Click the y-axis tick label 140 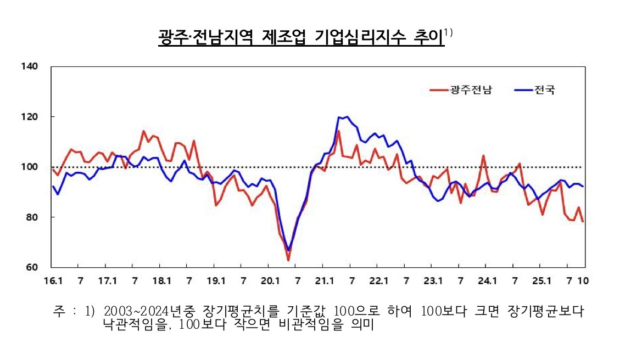pos(30,66)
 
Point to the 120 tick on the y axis pos(30,117)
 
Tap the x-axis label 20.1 pos(270,281)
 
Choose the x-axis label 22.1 pos(378,281)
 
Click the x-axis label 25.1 pos(541,281)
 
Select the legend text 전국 pos(544,90)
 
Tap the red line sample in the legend pos(439,90)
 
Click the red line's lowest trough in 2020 pos(288,260)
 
